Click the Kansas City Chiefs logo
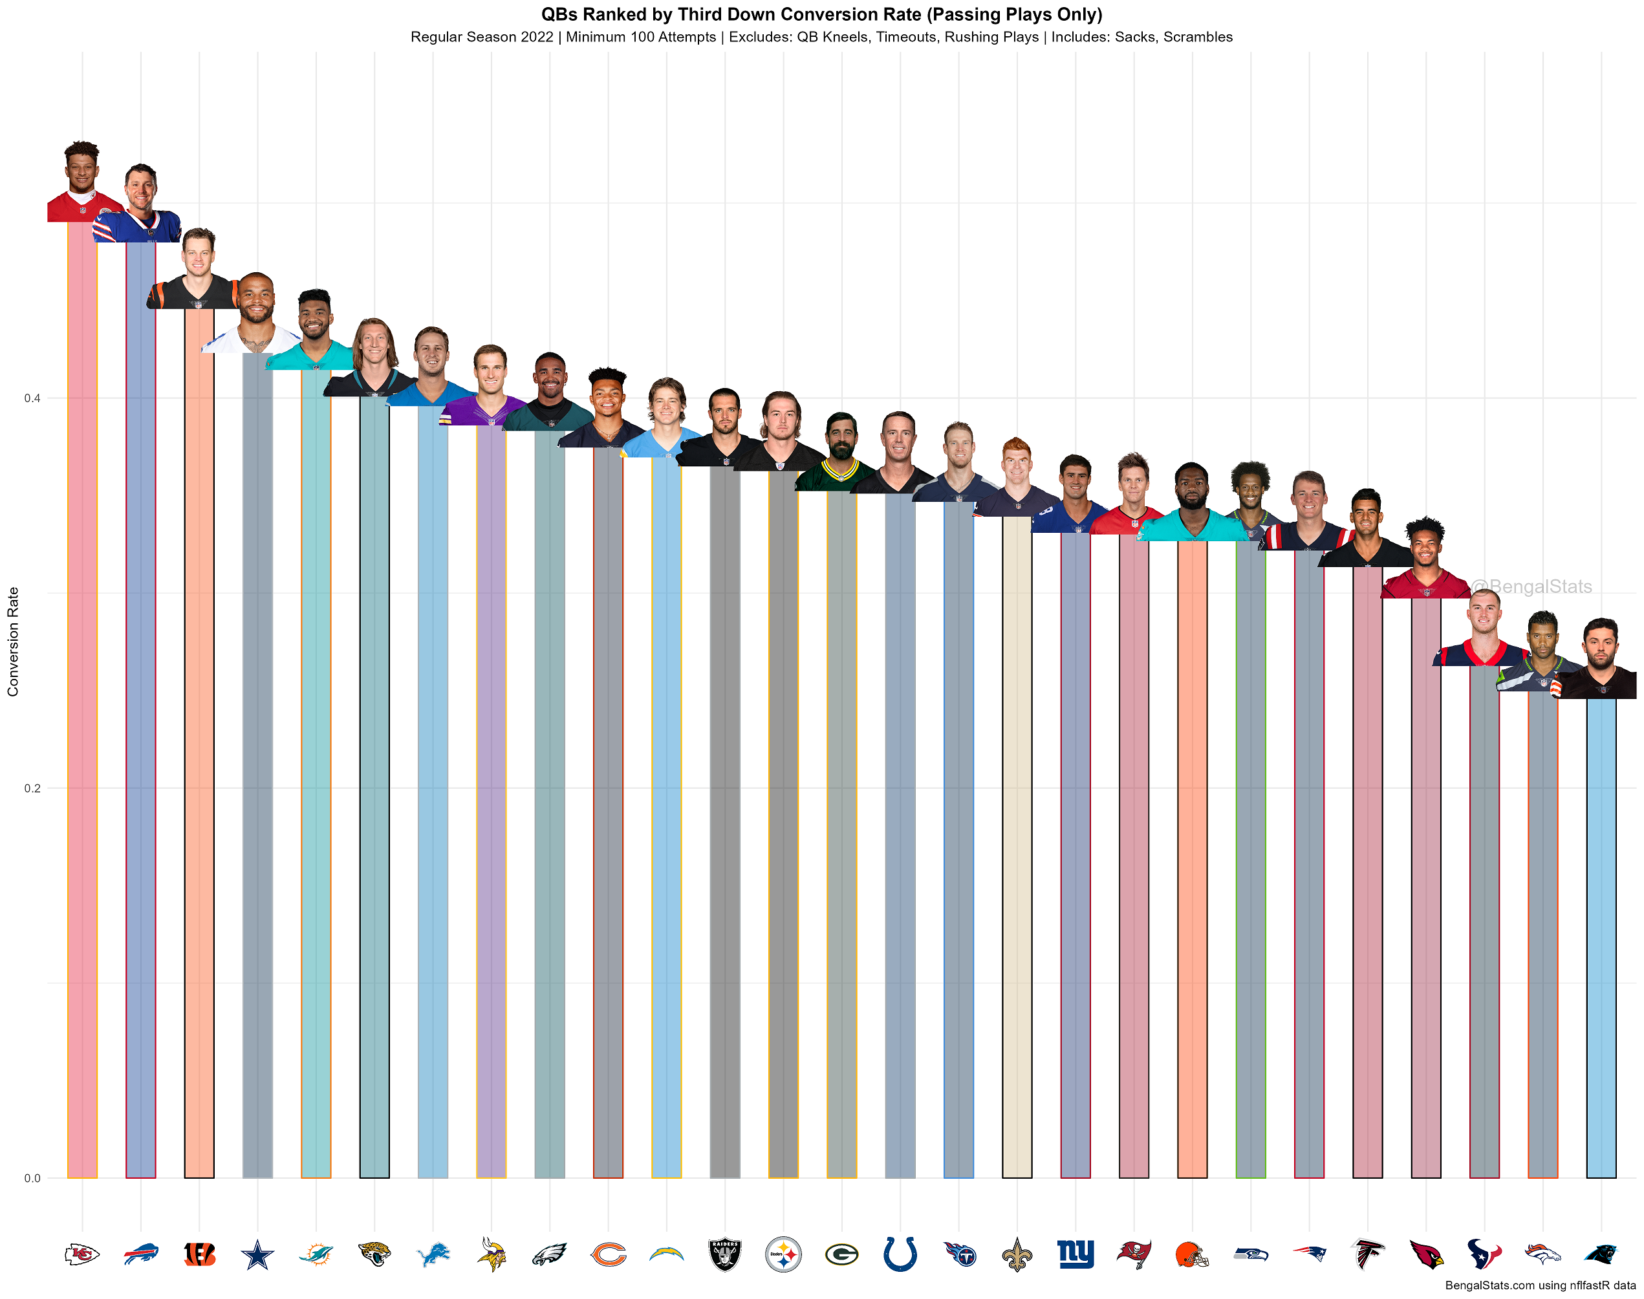point(82,1254)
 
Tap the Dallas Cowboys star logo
point(257,1254)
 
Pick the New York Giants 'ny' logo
point(1075,1254)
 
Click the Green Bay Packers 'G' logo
point(841,1254)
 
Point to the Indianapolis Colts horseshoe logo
point(900,1254)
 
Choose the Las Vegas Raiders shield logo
point(724,1254)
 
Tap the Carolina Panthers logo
point(1601,1254)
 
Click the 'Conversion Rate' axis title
point(13,641)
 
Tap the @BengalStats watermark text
point(1531,586)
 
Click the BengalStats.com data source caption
point(1540,1285)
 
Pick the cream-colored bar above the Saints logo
point(1017,844)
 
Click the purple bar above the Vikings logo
point(492,799)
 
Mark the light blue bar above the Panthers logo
point(1601,936)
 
